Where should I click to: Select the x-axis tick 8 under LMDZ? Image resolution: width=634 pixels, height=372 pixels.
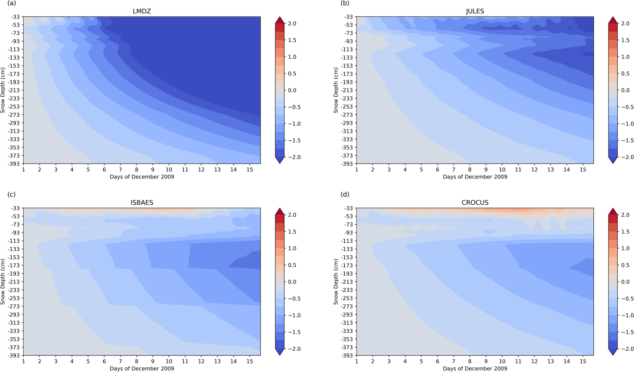137,170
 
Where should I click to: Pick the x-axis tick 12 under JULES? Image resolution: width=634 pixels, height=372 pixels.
534,170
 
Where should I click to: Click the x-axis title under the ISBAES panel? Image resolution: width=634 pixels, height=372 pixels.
142,369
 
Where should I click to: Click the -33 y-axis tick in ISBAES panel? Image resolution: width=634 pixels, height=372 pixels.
14,208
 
